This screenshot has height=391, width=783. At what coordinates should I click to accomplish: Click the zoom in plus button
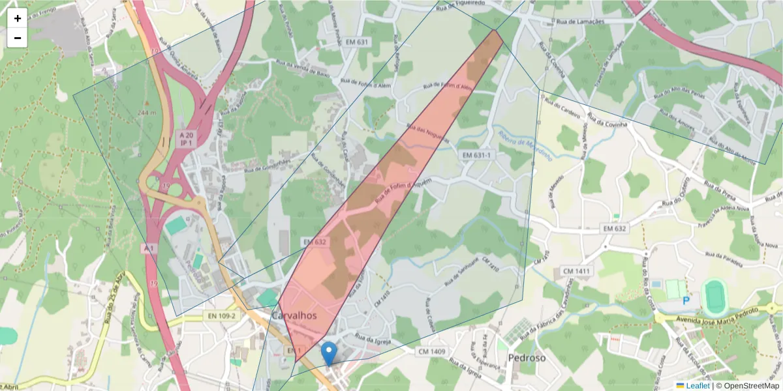pyautogui.click(x=18, y=18)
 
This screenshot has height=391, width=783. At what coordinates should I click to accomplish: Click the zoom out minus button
pyautogui.click(x=18, y=38)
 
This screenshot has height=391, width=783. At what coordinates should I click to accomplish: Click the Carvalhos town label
pyautogui.click(x=294, y=315)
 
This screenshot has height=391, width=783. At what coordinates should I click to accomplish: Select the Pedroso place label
pyautogui.click(x=527, y=358)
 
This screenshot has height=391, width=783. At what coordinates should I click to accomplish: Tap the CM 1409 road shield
pyautogui.click(x=432, y=352)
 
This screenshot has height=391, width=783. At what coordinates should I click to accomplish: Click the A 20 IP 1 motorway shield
pyautogui.click(x=187, y=138)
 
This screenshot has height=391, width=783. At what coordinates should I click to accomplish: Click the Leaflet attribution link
pyautogui.click(x=697, y=386)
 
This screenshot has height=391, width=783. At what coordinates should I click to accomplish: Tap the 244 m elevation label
pyautogui.click(x=147, y=113)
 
